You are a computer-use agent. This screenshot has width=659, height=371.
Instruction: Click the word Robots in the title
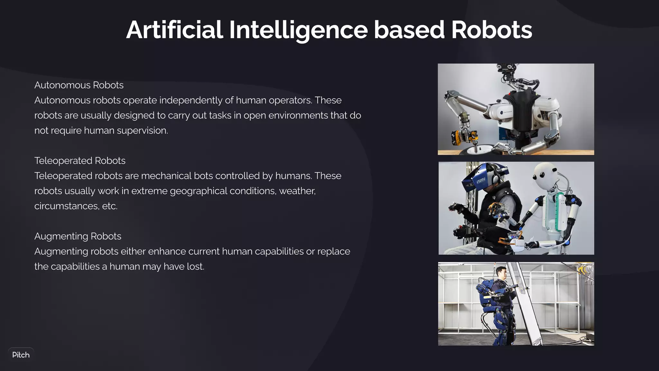491,30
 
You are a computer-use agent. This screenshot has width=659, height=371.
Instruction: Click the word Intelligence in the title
298,30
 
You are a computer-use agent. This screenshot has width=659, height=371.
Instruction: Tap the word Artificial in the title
174,30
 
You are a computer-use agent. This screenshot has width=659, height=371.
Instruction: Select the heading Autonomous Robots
79,85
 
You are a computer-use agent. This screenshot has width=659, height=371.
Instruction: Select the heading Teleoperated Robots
80,161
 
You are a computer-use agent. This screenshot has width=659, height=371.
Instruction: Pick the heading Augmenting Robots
78,236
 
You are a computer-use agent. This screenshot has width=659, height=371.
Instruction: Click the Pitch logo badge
21,355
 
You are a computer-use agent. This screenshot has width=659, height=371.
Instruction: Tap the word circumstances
66,206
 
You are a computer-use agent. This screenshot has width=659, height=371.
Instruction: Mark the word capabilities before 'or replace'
279,251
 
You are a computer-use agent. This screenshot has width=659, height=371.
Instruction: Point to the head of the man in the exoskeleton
501,272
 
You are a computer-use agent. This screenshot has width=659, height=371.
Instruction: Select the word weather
297,191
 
